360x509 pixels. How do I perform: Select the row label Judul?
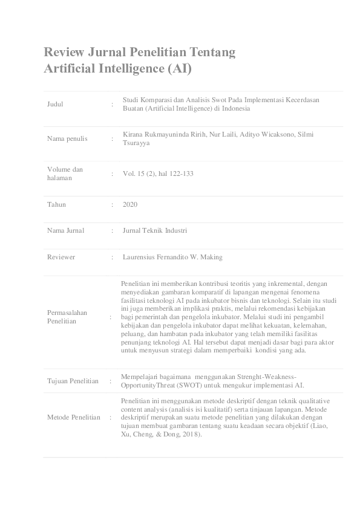(x=55, y=104)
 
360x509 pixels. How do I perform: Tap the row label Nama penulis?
(x=67, y=138)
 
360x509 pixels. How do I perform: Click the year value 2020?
(x=129, y=204)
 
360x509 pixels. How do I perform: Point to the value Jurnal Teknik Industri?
(x=154, y=230)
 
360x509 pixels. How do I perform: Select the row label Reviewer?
(x=61, y=257)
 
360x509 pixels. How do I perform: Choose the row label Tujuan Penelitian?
(x=73, y=381)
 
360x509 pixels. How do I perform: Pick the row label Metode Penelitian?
(x=74, y=417)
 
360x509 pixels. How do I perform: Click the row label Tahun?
(x=57, y=204)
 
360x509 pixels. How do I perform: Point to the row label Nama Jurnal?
(x=65, y=230)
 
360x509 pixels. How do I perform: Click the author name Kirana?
(x=133, y=134)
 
